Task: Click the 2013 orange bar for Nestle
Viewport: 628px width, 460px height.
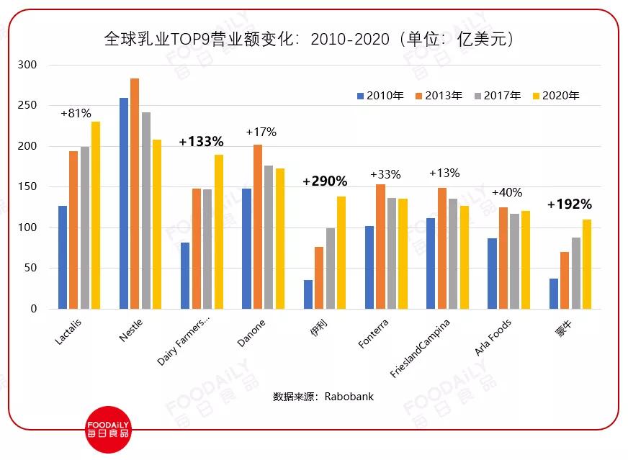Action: pyautogui.click(x=135, y=194)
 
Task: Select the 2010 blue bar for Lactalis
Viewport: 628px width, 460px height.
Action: pyautogui.click(x=63, y=257)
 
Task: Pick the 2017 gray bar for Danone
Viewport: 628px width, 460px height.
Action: pyautogui.click(x=269, y=237)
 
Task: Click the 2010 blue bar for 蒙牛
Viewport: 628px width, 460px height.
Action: pyautogui.click(x=554, y=294)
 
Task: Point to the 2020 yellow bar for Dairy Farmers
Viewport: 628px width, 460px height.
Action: pyautogui.click(x=219, y=232)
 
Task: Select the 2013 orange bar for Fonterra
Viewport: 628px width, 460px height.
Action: pyautogui.click(x=380, y=246)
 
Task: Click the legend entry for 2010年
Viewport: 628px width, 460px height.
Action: pyautogui.click(x=380, y=96)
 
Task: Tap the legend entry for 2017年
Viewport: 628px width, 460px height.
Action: pyautogui.click(x=496, y=96)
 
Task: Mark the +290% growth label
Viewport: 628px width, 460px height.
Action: pyautogui.click(x=325, y=181)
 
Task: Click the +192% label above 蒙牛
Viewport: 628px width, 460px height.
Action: pyautogui.click(x=569, y=204)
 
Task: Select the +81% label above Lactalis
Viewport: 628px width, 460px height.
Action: pyautogui.click(x=76, y=113)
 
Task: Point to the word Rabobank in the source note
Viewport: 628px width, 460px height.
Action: pyautogui.click(x=349, y=397)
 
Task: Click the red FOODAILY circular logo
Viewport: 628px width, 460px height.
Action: pyautogui.click(x=108, y=430)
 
